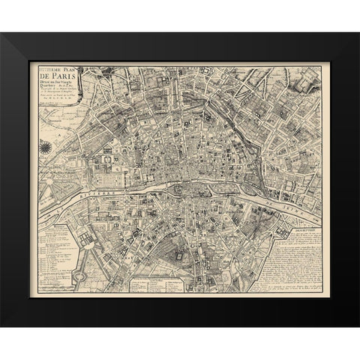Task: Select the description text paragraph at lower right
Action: coord(296,255)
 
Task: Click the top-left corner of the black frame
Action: coord(3,34)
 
